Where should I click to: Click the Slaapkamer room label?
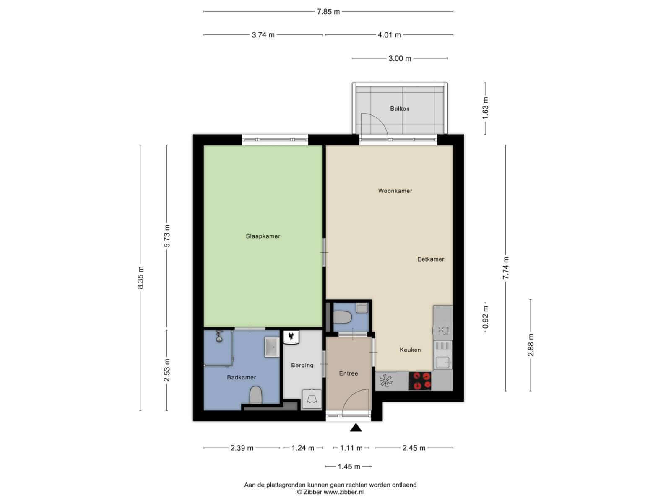pyautogui.click(x=263, y=236)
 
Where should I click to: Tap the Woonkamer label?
pyautogui.click(x=395, y=191)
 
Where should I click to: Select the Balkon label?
pyautogui.click(x=400, y=109)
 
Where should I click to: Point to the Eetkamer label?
pyautogui.click(x=431, y=259)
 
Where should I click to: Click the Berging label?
pyautogui.click(x=302, y=365)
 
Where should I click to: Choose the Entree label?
pyautogui.click(x=349, y=373)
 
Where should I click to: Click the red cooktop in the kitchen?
pyautogui.click(x=420, y=381)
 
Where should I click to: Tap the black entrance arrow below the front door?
pyautogui.click(x=356, y=428)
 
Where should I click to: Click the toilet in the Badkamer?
pyautogui.click(x=256, y=395)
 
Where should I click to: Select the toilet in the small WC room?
pyautogui.click(x=343, y=317)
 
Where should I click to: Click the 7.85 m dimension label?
pyautogui.click(x=328, y=12)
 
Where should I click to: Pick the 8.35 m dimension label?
pyautogui.click(x=140, y=277)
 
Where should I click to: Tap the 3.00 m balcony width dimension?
pyautogui.click(x=400, y=58)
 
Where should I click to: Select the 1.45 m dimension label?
pyautogui.click(x=349, y=467)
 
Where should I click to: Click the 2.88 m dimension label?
pyautogui.click(x=531, y=345)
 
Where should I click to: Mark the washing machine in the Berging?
pyautogui.click(x=312, y=399)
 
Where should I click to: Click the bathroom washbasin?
pyautogui.click(x=272, y=347)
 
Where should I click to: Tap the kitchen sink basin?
pyautogui.click(x=442, y=362)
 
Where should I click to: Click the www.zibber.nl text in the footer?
pyautogui.click(x=343, y=492)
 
